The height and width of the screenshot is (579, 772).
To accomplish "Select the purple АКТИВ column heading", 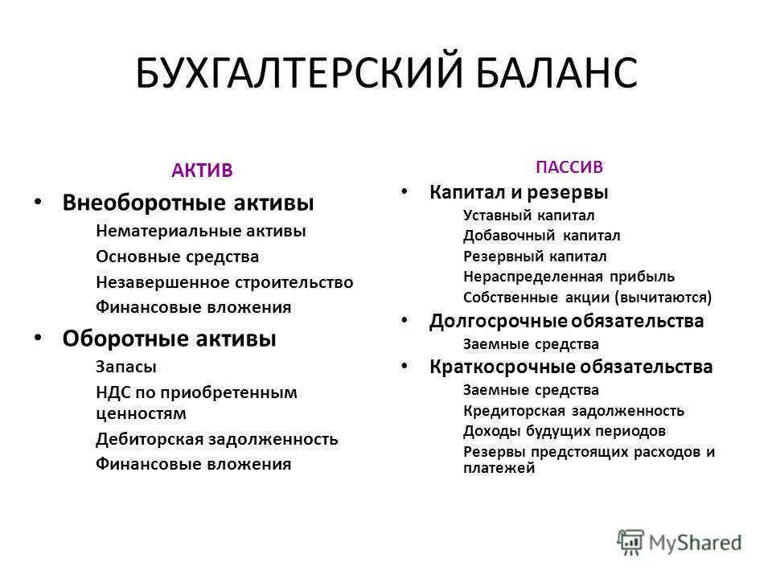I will pos(202,170).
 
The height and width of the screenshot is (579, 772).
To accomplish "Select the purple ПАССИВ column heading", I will pos(569,167).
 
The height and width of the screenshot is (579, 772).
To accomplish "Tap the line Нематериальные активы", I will pos(200,231).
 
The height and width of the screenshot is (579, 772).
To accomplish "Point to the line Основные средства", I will pos(177,257).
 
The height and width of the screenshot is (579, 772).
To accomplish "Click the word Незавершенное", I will pos(162,282).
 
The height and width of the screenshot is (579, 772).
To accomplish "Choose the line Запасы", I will pos(125,366).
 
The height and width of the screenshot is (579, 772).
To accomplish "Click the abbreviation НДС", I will pos(114,392).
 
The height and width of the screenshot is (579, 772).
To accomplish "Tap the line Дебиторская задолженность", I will pos(216,439).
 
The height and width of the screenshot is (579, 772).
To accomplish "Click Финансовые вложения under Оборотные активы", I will pos(193,464).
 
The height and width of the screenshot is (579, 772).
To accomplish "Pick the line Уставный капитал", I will pos(528,215).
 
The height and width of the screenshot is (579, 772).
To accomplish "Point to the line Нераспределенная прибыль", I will pos(569,277).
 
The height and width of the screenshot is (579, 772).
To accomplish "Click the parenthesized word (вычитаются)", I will pos(663,298).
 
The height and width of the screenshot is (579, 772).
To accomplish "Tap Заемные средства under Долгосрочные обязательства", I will pos(531,343).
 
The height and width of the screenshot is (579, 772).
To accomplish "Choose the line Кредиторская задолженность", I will pos(573,411).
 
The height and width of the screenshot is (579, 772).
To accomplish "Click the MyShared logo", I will pos(680,541).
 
